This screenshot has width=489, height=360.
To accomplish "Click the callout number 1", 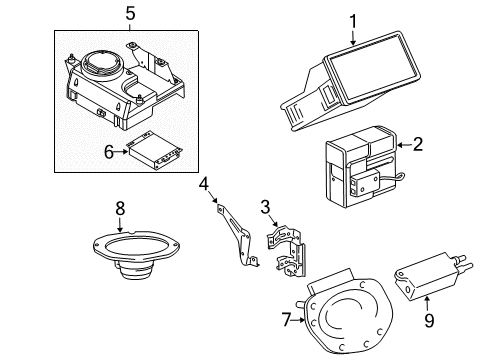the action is pyautogui.click(x=353, y=21).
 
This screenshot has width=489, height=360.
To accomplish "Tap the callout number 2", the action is pyautogui.click(x=417, y=144).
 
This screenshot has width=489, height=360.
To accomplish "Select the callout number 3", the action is pyautogui.click(x=265, y=207).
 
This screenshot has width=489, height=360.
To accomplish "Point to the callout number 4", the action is pyautogui.click(x=204, y=184).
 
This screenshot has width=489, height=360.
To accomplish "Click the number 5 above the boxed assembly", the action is pyautogui.click(x=130, y=14).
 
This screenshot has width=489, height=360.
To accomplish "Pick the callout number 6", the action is pyautogui.click(x=109, y=152).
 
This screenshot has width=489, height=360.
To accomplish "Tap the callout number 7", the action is pyautogui.click(x=287, y=320).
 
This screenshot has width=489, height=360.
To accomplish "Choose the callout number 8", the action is pyautogui.click(x=120, y=208).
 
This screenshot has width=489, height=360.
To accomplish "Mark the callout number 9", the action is pyautogui.click(x=429, y=320).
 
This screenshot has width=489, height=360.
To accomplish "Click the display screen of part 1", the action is pyautogui.click(x=372, y=67).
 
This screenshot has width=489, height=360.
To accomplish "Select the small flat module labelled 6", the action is pyautogui.click(x=155, y=150).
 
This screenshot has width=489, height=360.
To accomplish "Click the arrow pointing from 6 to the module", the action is pyautogui.click(x=121, y=152).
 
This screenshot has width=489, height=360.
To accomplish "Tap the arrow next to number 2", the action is pyautogui.click(x=404, y=145).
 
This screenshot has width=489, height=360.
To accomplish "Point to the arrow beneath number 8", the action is pyautogui.click(x=120, y=224).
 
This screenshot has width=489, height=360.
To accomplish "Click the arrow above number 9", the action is pyautogui.click(x=427, y=304).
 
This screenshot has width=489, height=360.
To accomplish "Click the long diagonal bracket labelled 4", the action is pyautogui.click(x=237, y=232).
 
